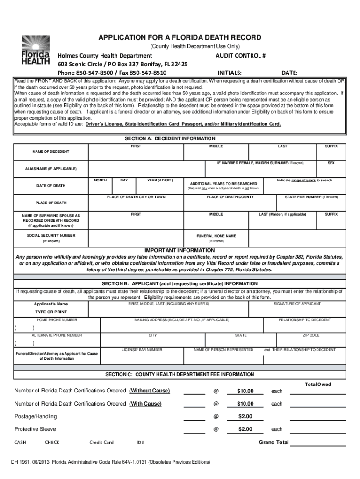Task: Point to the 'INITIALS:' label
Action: [x=230, y=73]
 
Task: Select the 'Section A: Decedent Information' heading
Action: [x=170, y=138]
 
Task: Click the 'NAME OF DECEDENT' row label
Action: [x=50, y=152]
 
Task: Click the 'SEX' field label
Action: [x=331, y=163]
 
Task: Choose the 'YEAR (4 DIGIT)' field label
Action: [x=160, y=180]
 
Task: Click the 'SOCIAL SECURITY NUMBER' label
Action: [x=51, y=235]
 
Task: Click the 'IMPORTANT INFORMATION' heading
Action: [x=180, y=250]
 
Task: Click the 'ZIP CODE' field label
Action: [x=311, y=335]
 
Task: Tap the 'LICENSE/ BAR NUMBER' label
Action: [x=142, y=349]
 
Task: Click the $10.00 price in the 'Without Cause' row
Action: [x=245, y=391]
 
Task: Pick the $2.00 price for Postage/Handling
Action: [x=245, y=416]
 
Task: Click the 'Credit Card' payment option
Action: [x=101, y=442]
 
